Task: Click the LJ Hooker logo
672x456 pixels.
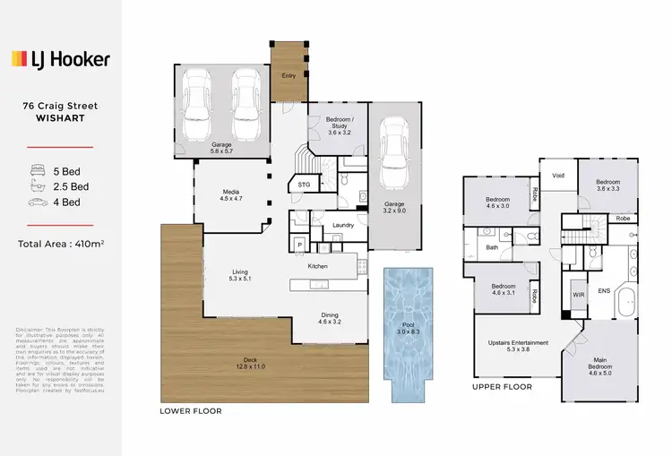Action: point(60,59)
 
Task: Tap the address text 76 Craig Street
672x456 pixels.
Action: point(60,106)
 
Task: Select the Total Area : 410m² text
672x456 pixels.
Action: point(60,244)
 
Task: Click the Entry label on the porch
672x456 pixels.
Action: point(289,76)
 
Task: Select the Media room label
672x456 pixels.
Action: point(231,195)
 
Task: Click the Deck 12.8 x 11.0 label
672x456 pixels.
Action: point(227,363)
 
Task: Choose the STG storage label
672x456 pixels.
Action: point(302,185)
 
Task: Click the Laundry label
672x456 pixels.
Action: point(343,225)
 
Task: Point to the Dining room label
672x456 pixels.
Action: point(331,315)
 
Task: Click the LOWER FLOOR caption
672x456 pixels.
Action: point(191,411)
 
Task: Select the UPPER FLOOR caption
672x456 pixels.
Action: point(502,387)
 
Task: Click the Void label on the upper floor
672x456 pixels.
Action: point(557,176)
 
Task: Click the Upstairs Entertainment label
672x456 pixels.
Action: point(513,347)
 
